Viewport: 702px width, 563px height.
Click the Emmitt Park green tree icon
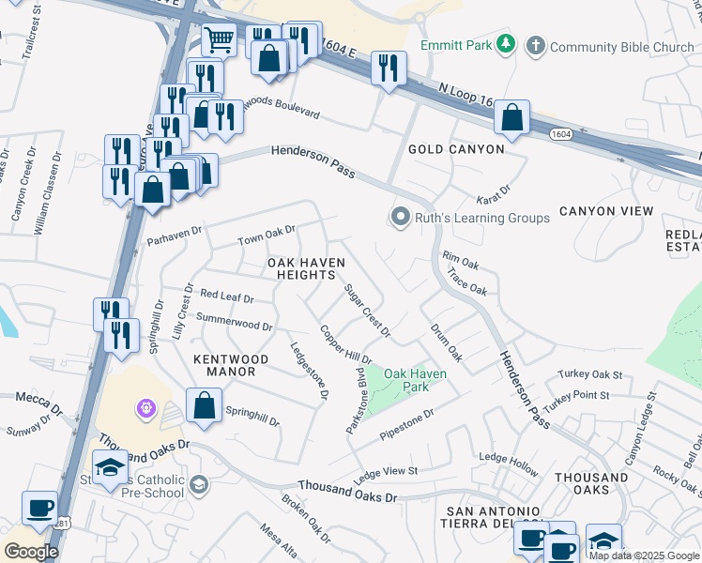[507, 44]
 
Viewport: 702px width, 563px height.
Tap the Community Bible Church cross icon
[535, 46]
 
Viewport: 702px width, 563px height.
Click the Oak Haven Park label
[416, 379]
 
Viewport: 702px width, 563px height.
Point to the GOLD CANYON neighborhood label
[456, 149]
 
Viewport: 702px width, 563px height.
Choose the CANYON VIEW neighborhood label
[605, 211]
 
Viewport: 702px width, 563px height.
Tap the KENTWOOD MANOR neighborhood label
[231, 365]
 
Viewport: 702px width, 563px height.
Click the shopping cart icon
[219, 40]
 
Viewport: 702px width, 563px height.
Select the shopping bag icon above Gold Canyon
[511, 118]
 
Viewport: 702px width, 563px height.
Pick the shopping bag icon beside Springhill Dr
[204, 406]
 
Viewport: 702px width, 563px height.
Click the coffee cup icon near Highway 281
[39, 508]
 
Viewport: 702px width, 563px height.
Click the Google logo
[31, 551]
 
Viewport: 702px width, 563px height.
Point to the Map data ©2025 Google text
[644, 555]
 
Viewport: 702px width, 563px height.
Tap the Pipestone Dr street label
[407, 425]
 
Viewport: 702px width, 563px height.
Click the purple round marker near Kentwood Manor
[145, 408]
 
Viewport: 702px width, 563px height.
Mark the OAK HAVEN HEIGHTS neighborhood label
[301, 268]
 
